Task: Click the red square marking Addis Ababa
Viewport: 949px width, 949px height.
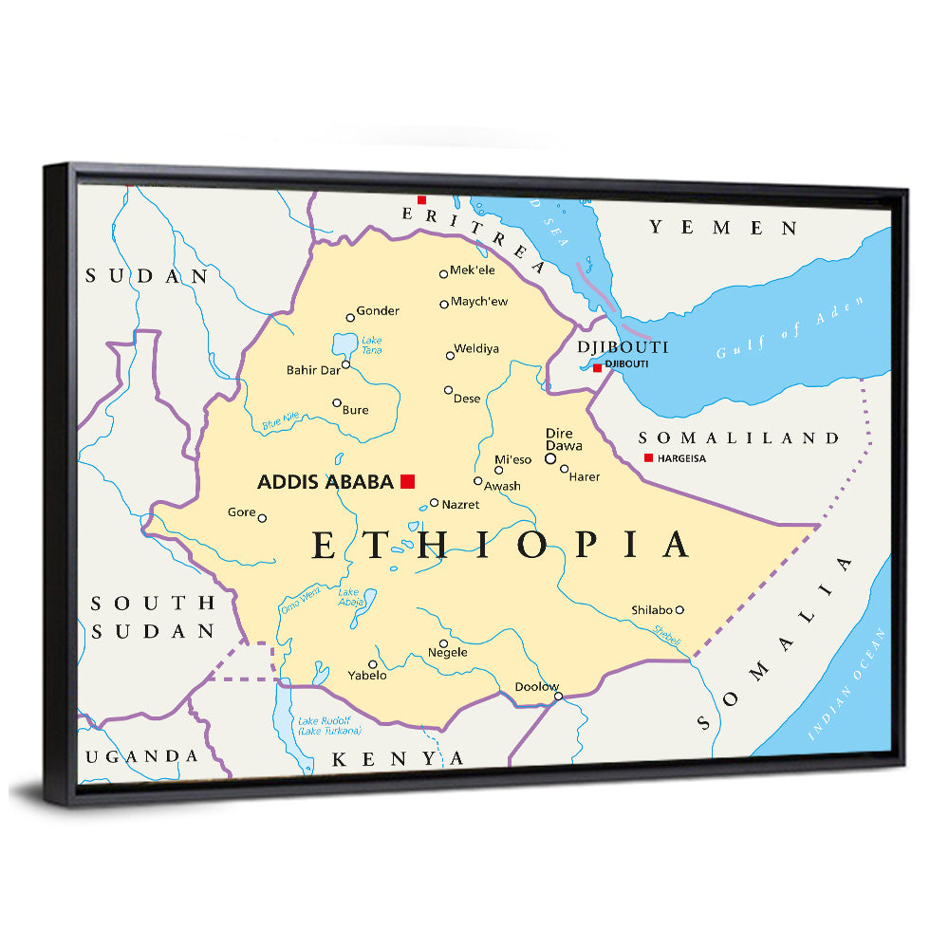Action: pyautogui.click(x=408, y=481)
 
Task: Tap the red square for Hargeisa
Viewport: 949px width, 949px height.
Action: pyautogui.click(x=648, y=458)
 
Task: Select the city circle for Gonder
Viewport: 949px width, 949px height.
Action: pyautogui.click(x=349, y=318)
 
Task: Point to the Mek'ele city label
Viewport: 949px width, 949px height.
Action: pyautogui.click(x=473, y=271)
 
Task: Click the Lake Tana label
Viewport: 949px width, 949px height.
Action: pyautogui.click(x=372, y=345)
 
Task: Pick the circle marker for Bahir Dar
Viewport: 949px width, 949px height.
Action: pyautogui.click(x=346, y=364)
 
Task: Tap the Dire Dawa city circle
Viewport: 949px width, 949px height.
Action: pyautogui.click(x=550, y=458)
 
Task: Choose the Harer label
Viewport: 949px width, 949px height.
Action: pyautogui.click(x=585, y=476)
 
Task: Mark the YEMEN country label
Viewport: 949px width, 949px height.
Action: pyautogui.click(x=723, y=228)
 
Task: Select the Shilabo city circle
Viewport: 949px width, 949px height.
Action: pyautogui.click(x=679, y=610)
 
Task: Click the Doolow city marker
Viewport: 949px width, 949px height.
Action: pyautogui.click(x=559, y=697)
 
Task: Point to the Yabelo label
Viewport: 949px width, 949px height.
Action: pyautogui.click(x=367, y=676)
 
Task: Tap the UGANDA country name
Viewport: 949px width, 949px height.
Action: pyautogui.click(x=142, y=756)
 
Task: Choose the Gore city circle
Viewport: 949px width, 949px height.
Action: pyautogui.click(x=262, y=518)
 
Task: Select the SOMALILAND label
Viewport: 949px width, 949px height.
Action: pyautogui.click(x=738, y=438)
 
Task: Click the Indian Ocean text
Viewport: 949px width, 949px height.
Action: pyautogui.click(x=847, y=683)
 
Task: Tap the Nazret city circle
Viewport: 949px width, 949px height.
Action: pyautogui.click(x=434, y=503)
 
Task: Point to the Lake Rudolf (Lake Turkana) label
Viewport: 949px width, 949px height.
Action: pyautogui.click(x=329, y=726)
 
